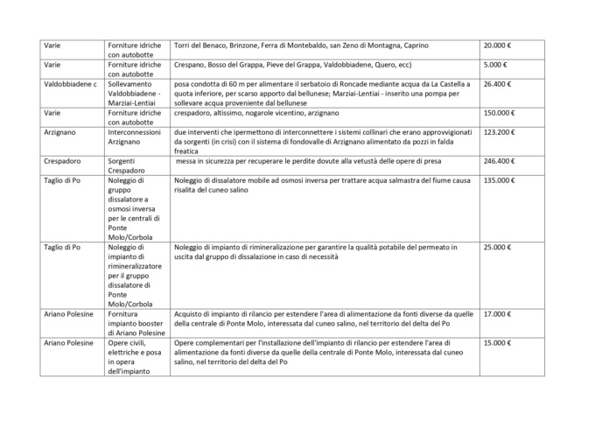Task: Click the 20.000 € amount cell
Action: (x=500, y=45)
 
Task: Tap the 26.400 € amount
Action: (x=500, y=85)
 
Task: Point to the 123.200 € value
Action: (x=501, y=132)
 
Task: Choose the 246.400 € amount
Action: (x=501, y=161)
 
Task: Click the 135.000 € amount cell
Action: (x=501, y=180)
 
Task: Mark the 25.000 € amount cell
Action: (x=500, y=248)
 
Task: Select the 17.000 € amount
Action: (x=500, y=314)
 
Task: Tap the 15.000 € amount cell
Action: (x=500, y=343)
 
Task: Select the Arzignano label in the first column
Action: (x=61, y=132)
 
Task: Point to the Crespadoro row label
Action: (x=63, y=161)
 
